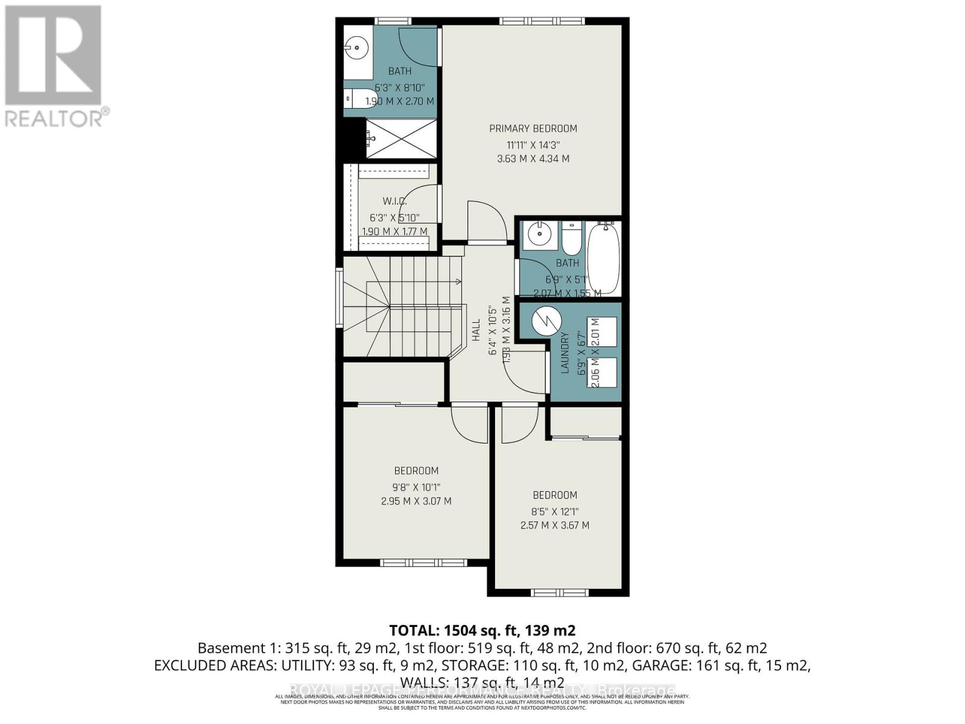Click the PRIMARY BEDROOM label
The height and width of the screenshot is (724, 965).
pyautogui.click(x=533, y=129)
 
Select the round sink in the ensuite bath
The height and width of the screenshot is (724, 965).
pyautogui.click(x=357, y=46)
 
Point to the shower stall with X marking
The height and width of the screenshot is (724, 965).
pyautogui.click(x=401, y=138)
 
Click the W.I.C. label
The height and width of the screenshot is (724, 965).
pyautogui.click(x=394, y=201)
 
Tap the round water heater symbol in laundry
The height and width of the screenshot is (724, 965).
pyautogui.click(x=547, y=322)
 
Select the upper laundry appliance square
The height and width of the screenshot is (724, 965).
pyautogui.click(x=601, y=331)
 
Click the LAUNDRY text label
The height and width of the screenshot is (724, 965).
pyautogui.click(x=565, y=353)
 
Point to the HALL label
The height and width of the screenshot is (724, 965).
pyautogui.click(x=476, y=330)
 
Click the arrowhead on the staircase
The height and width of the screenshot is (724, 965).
pyautogui.click(x=458, y=281)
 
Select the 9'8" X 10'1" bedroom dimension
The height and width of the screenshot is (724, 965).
pyautogui.click(x=416, y=487)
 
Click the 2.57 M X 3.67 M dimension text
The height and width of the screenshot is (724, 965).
pyautogui.click(x=555, y=526)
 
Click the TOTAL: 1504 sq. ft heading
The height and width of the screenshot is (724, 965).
pyautogui.click(x=482, y=630)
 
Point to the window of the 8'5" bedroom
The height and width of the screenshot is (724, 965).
pyautogui.click(x=559, y=592)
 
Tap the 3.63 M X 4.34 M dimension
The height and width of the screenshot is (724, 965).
pyautogui.click(x=533, y=159)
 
